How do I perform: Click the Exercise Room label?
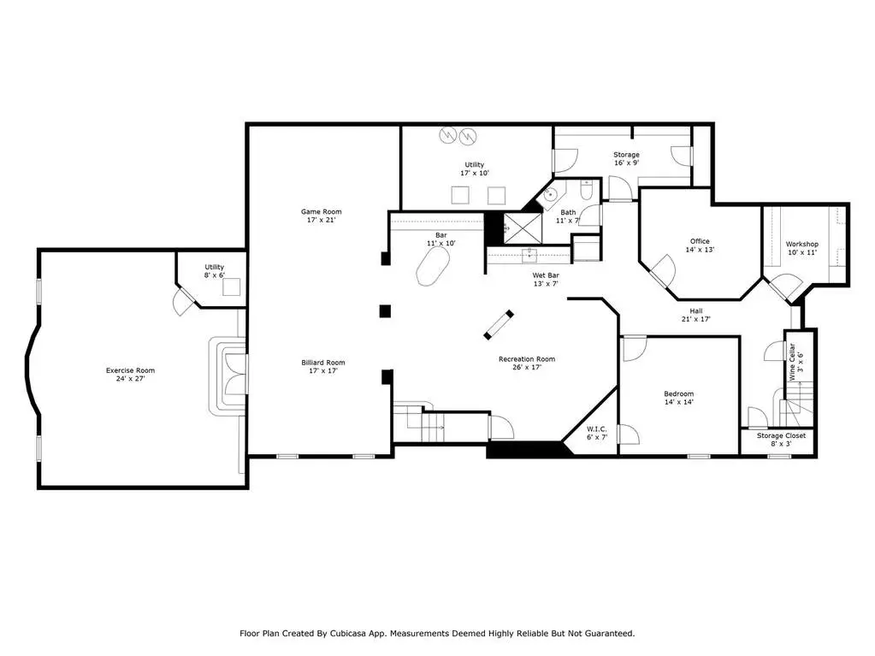[131, 370]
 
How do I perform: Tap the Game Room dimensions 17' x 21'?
[322, 220]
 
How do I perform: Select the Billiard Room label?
[323, 363]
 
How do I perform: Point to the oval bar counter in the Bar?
[433, 266]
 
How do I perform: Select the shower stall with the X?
[523, 228]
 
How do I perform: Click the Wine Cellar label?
[792, 362]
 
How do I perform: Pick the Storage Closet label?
[781, 435]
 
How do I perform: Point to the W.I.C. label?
[596, 429]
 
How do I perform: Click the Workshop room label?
[802, 244]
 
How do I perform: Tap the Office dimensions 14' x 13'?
[700, 250]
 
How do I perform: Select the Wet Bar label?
[546, 275]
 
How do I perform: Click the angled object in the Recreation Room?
[499, 325]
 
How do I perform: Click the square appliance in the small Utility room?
[231, 287]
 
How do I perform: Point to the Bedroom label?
[679, 393]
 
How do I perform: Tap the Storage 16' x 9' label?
[626, 159]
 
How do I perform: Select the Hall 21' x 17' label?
[696, 315]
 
